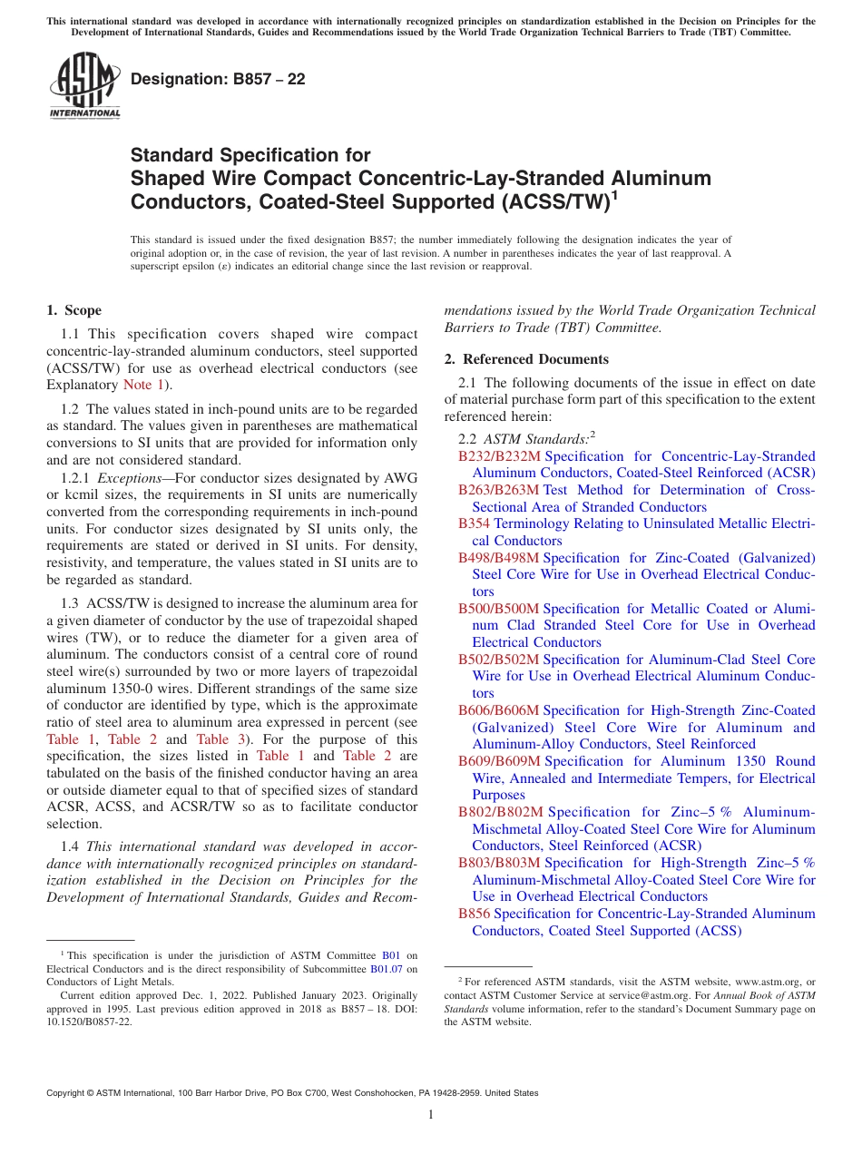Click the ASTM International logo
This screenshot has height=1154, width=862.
tap(83, 85)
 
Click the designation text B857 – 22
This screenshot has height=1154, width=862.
tap(218, 80)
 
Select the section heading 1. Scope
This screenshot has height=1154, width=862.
tap(74, 310)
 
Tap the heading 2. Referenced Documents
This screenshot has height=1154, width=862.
tap(526, 359)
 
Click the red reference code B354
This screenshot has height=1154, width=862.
tap(474, 524)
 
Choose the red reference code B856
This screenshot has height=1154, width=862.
tap(474, 914)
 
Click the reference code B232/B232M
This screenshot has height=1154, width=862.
tap(499, 456)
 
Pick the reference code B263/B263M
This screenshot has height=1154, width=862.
tap(499, 490)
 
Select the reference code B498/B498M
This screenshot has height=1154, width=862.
tap(499, 558)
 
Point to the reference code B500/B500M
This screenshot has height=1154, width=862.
tap(499, 609)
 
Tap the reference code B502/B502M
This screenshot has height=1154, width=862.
tap(499, 660)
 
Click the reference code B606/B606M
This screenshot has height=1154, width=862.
tap(499, 710)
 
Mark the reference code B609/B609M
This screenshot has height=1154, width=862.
tap(499, 761)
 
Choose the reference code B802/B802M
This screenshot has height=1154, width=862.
tap(501, 812)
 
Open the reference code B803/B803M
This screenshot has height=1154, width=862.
tap(499, 863)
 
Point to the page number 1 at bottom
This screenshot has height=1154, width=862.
tap(431, 1115)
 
